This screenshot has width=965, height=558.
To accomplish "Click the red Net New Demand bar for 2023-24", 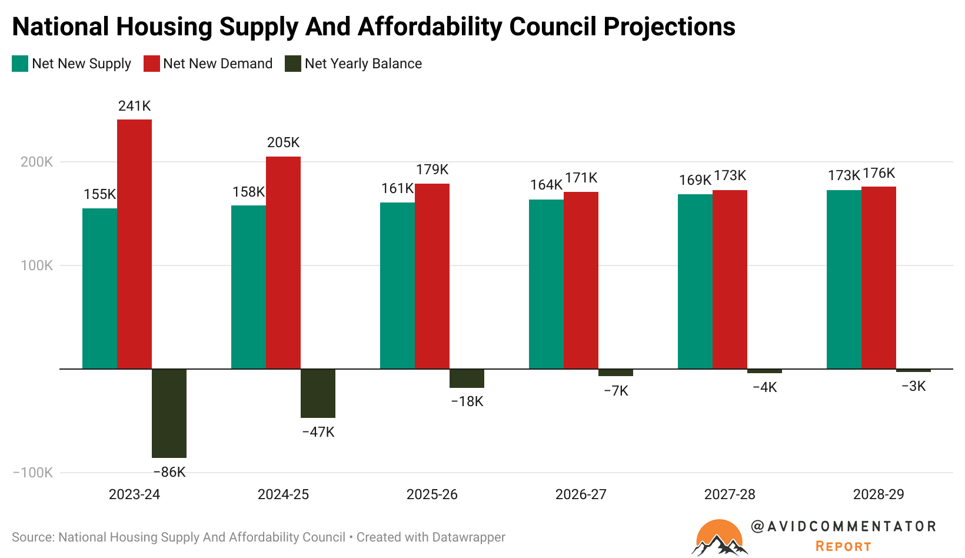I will click(x=134, y=244).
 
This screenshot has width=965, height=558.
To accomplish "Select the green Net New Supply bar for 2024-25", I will click(x=248, y=287).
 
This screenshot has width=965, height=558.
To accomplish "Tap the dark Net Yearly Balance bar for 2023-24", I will click(x=169, y=413).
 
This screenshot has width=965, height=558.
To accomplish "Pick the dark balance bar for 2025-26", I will click(x=467, y=378).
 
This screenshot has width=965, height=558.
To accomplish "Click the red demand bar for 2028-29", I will click(x=879, y=278).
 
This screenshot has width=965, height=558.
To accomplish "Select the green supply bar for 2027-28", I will click(x=695, y=281).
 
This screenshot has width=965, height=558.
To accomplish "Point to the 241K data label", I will click(x=134, y=106).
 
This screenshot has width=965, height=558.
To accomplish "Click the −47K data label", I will click(x=318, y=432).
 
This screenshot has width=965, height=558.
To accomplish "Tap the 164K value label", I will click(x=546, y=185).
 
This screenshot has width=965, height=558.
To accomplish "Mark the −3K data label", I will click(x=913, y=386).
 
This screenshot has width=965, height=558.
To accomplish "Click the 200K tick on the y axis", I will click(x=36, y=162).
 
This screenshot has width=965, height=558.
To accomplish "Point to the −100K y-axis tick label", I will click(x=33, y=473).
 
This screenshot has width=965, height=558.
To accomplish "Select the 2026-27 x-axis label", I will click(x=581, y=494).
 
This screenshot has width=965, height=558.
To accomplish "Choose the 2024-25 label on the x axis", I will click(x=283, y=494).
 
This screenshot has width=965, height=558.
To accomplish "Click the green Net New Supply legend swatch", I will click(x=20, y=64).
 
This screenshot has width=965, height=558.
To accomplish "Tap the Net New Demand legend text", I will click(x=218, y=64).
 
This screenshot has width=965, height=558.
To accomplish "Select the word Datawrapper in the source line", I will click(x=468, y=537).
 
